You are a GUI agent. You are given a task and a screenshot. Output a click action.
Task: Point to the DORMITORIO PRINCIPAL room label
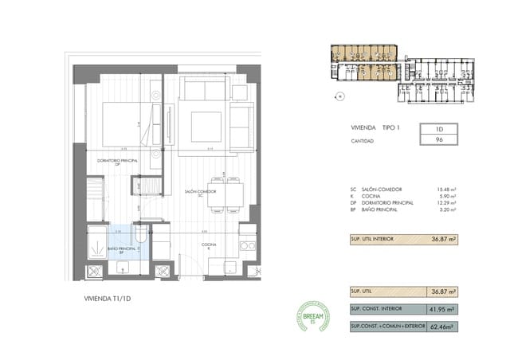[118, 162]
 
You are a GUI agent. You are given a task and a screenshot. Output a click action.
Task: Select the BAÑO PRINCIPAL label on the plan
[124, 248]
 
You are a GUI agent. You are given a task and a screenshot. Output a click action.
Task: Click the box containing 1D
[439, 128]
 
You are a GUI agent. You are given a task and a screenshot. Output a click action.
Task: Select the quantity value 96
[439, 139]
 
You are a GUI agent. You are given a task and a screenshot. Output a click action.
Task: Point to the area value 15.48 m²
[447, 190]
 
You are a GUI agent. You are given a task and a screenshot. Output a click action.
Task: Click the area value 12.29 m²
[447, 203]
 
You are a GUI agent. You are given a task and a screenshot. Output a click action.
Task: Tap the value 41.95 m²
[444, 309]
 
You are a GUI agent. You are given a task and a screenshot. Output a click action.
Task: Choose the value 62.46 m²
[444, 327]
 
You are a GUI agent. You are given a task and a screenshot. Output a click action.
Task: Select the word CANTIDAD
[363, 140]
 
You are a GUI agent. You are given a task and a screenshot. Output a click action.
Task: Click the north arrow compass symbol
[340, 96]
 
